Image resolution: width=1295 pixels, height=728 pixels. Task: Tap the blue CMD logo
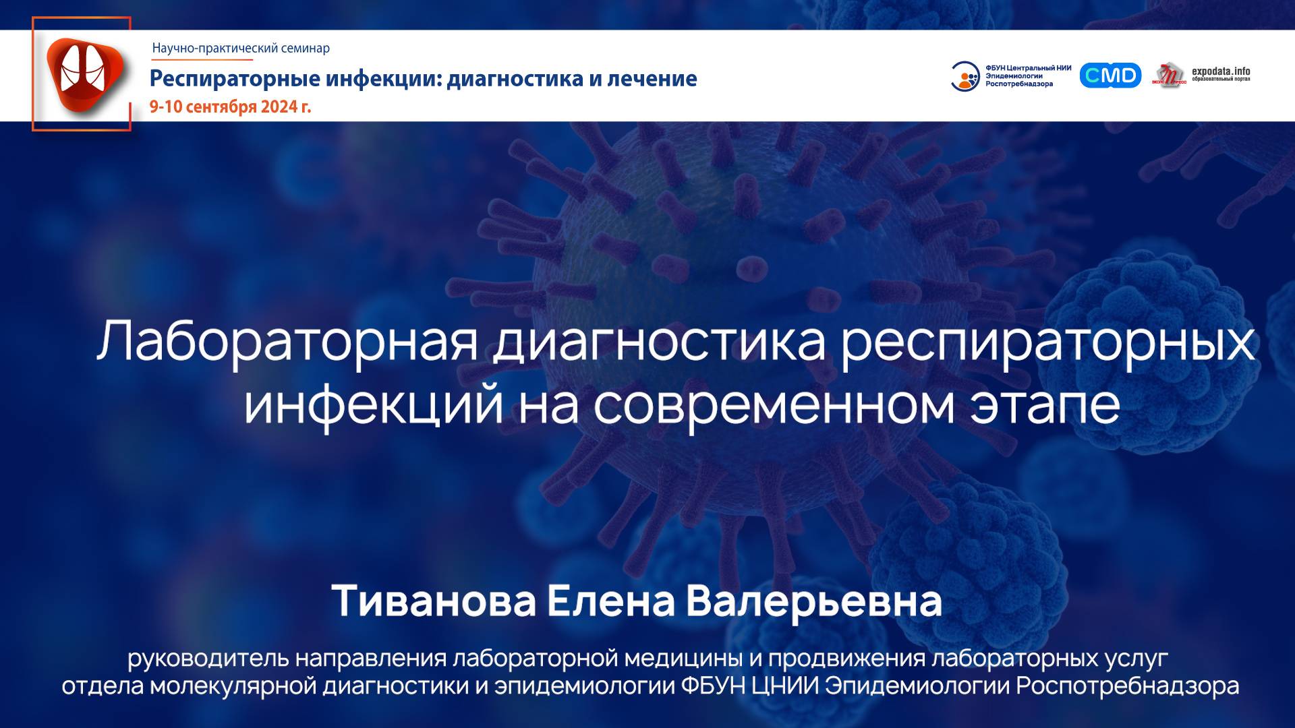tap(1110, 75)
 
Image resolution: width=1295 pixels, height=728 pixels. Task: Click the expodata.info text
tap(1221, 71)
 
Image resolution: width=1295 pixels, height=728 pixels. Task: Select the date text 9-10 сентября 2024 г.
tap(230, 107)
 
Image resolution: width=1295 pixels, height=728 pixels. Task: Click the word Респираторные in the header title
tap(234, 78)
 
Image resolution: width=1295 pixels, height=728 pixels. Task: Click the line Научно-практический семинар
tap(241, 48)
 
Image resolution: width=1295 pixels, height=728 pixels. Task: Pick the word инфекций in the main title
tap(373, 404)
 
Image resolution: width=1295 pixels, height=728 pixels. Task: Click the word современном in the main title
tap(774, 404)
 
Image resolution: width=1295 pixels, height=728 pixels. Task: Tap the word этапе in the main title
tap(1045, 404)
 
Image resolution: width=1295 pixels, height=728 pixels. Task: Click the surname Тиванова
tap(433, 601)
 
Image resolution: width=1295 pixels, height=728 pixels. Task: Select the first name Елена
tap(610, 601)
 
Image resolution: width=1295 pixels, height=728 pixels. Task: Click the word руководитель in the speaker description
tap(207, 657)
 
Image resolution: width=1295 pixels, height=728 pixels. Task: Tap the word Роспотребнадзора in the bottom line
tap(1127, 686)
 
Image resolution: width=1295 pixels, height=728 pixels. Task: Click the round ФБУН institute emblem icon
tap(965, 76)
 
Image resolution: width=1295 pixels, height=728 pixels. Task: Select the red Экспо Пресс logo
tap(1169, 75)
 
